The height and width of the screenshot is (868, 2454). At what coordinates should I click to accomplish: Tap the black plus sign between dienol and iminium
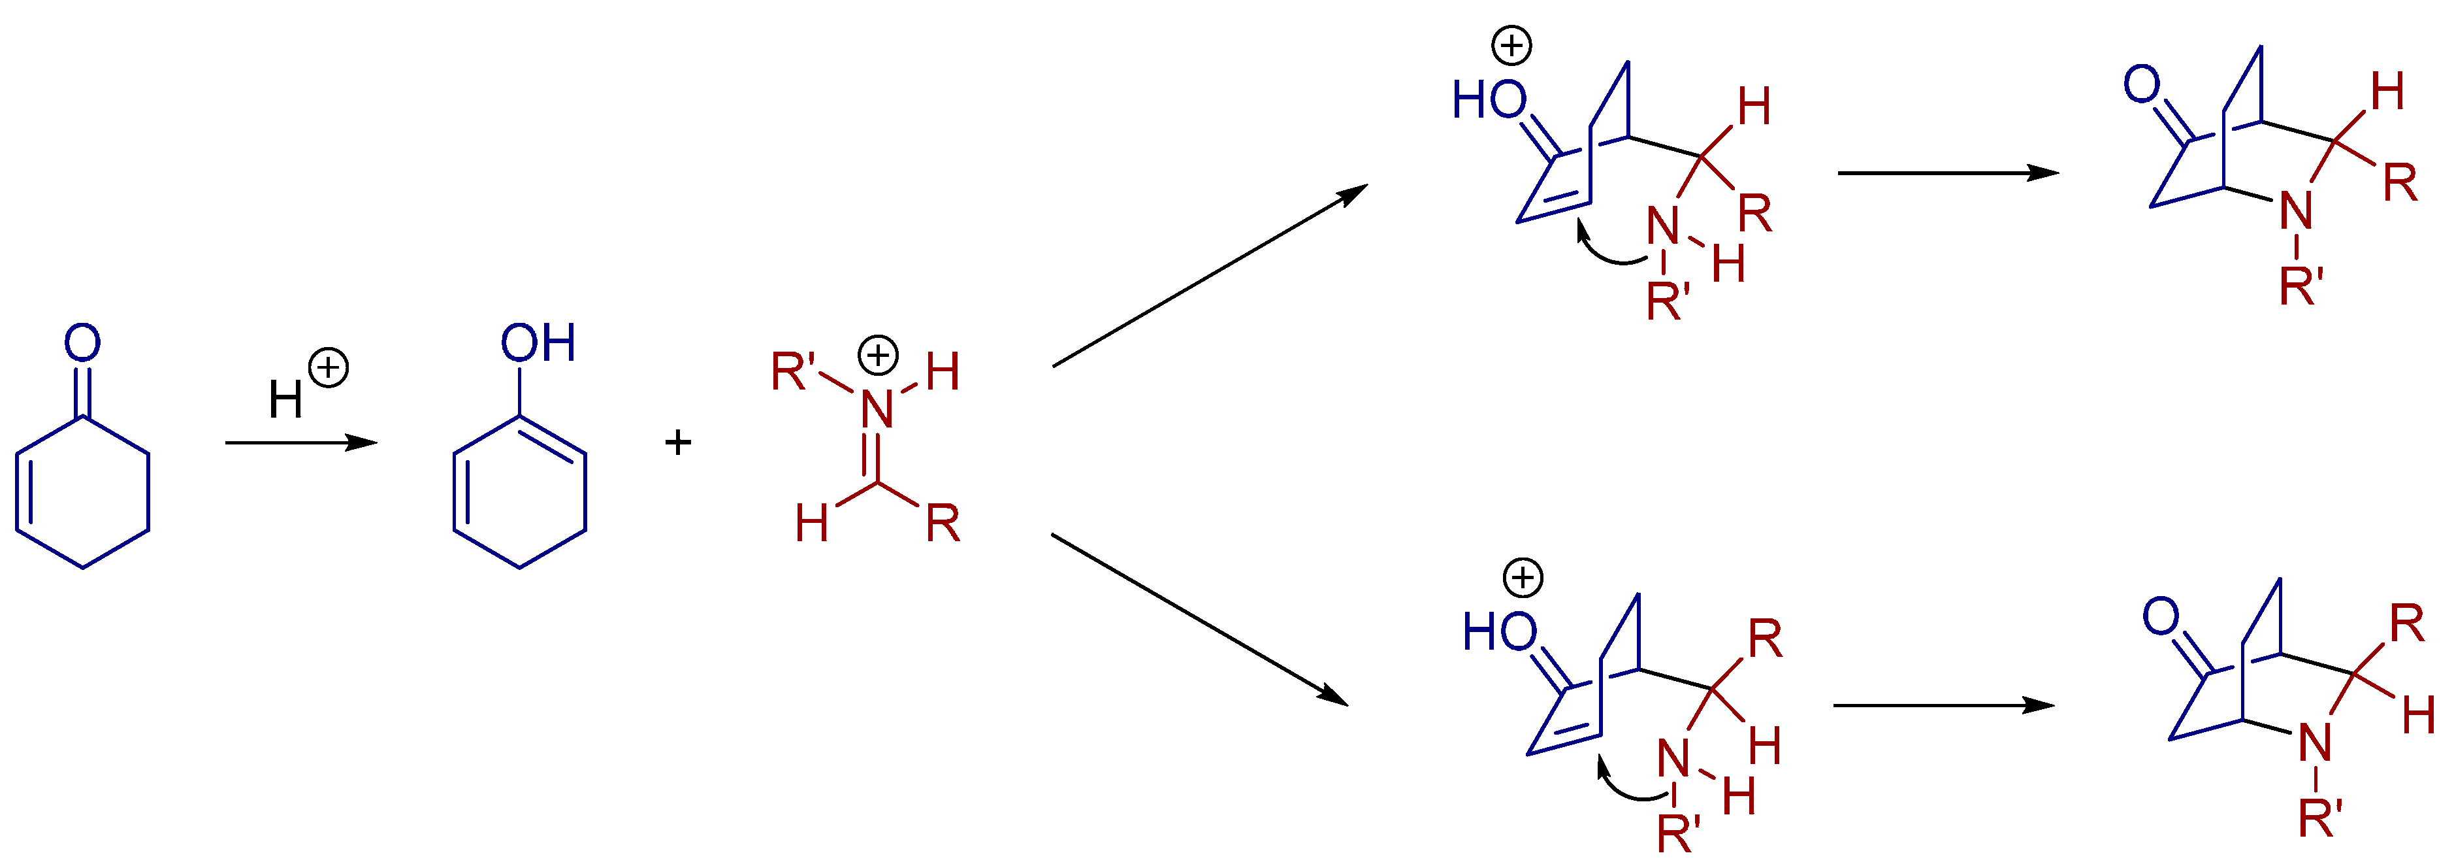(677, 442)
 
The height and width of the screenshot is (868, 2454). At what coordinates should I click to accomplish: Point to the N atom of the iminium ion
(877, 410)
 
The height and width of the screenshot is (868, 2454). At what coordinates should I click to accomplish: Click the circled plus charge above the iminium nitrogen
(877, 356)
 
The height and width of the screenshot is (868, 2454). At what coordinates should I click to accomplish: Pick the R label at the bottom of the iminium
(942, 523)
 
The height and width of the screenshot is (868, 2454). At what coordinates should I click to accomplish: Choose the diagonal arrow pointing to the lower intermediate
(1201, 620)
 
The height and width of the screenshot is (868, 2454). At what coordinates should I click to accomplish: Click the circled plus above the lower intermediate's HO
(1523, 577)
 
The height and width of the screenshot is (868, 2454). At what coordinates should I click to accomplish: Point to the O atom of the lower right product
(2161, 616)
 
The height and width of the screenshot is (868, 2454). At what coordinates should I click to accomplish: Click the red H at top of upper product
(2388, 92)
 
